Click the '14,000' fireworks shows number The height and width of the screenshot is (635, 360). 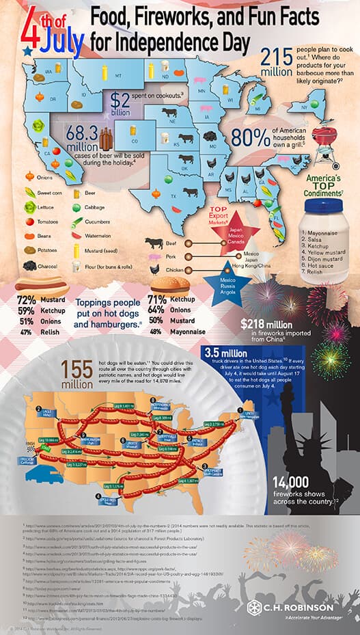click(x=292, y=480)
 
